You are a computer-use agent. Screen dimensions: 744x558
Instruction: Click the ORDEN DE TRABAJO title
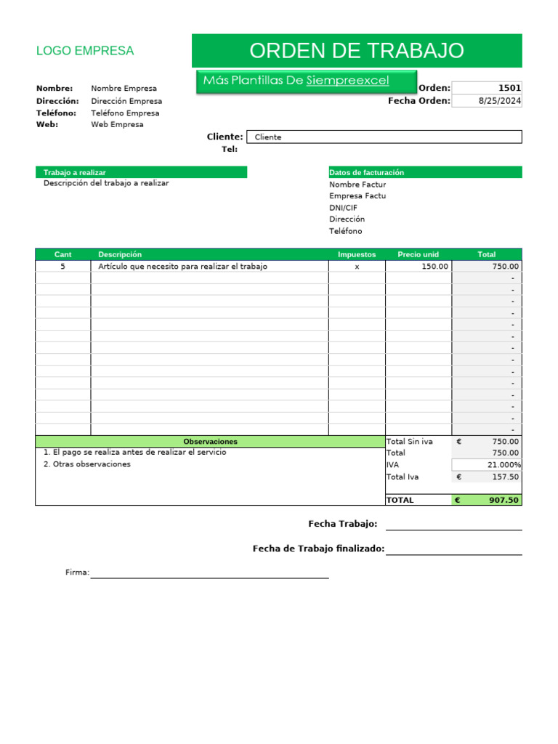pos(356,51)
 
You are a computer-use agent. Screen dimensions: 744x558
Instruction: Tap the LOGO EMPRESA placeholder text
pos(85,51)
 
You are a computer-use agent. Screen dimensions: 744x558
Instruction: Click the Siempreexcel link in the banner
pos(347,81)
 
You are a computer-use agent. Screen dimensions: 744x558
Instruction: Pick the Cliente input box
pos(384,137)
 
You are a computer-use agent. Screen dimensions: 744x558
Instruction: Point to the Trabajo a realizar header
pos(75,172)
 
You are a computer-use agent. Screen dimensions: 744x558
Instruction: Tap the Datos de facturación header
pos(366,172)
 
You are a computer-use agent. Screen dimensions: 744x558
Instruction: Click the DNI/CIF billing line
pos(343,207)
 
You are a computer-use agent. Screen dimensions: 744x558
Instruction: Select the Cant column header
pos(62,254)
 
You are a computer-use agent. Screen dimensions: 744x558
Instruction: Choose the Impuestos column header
pos(357,254)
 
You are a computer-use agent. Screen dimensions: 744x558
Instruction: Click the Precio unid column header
pos(418,254)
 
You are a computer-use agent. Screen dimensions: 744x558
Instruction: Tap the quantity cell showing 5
pos(62,267)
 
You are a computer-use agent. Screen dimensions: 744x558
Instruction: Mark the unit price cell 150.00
pos(435,267)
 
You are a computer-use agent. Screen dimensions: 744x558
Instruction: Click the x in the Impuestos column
pos(357,267)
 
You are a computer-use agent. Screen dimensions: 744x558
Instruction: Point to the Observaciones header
pos(210,441)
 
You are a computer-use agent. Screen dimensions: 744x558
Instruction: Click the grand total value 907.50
pos(504,500)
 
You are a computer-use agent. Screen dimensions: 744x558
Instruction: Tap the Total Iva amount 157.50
pos(505,477)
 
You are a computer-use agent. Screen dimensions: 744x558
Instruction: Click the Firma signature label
pos(77,573)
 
